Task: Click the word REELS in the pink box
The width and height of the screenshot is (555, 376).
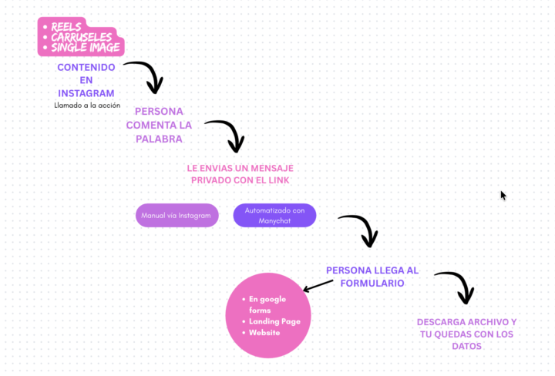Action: [x=67, y=26]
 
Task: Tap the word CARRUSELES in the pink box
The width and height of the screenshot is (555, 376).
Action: [x=82, y=37]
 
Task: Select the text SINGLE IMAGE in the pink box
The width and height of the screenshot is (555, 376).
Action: [x=86, y=48]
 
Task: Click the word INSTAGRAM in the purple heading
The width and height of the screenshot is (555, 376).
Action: [x=86, y=94]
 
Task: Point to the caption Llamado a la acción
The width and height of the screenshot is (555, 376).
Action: [x=87, y=106]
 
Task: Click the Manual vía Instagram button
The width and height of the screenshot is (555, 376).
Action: [x=176, y=216]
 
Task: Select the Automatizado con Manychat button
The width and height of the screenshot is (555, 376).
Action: [x=274, y=215]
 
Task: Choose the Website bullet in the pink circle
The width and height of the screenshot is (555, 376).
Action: [x=264, y=333]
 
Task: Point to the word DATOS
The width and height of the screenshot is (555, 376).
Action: [x=466, y=347]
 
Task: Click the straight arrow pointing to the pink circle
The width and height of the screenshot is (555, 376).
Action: [x=318, y=286]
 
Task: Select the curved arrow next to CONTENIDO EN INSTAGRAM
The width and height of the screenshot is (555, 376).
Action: [x=145, y=76]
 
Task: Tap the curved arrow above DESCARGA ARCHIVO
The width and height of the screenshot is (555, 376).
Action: [x=456, y=286]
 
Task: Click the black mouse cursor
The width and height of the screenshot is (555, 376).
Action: [x=503, y=196]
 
